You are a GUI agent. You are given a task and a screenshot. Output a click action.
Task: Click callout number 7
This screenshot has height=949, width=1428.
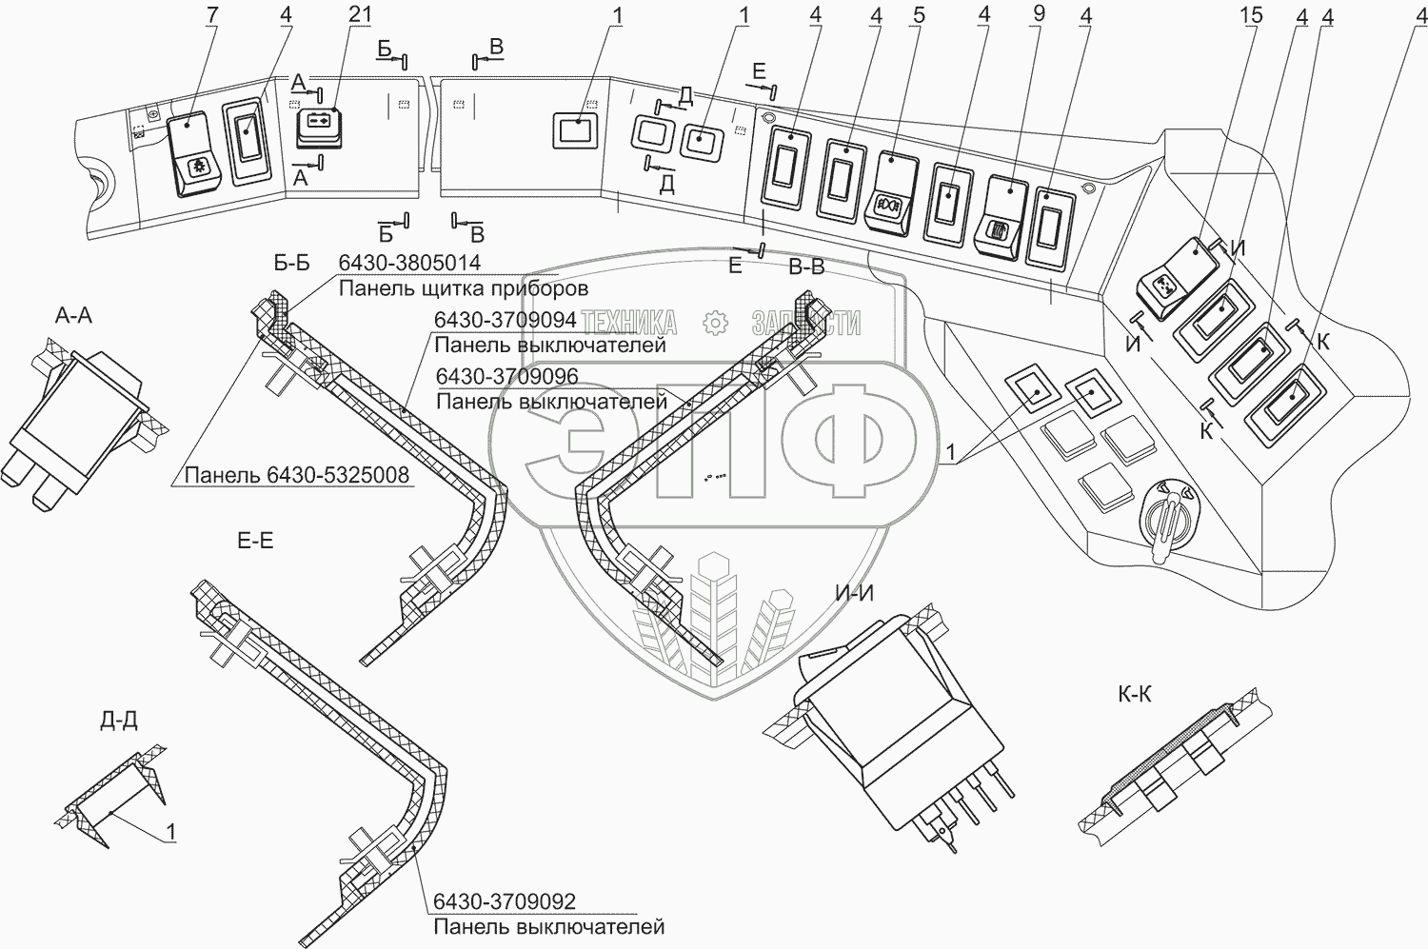(x=212, y=16)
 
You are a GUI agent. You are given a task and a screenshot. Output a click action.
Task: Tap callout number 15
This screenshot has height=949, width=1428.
(x=1252, y=16)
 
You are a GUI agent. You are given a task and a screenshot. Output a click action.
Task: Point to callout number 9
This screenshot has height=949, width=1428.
(x=1038, y=16)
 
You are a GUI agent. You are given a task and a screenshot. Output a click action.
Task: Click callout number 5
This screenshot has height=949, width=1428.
(x=918, y=16)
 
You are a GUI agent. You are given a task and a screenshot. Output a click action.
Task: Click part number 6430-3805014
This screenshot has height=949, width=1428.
(x=409, y=264)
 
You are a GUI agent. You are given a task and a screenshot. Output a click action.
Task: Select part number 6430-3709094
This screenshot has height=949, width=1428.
(x=505, y=322)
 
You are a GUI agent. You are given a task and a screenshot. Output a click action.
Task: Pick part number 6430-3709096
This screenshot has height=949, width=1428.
(x=506, y=377)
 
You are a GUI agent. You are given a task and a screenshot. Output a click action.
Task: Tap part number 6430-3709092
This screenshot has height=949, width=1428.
(x=505, y=901)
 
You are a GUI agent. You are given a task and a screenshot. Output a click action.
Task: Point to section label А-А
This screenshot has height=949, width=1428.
(x=73, y=315)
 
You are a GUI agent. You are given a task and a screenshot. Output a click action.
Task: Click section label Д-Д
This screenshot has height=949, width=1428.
(x=118, y=721)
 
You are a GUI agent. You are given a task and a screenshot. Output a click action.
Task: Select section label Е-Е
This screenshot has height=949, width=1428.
(x=254, y=542)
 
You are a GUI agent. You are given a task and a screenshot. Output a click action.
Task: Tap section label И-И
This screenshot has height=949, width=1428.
(x=854, y=594)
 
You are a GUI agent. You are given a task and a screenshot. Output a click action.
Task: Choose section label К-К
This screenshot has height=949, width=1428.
(x=1134, y=694)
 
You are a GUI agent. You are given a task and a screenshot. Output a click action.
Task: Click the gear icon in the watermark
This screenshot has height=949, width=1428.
(x=714, y=323)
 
